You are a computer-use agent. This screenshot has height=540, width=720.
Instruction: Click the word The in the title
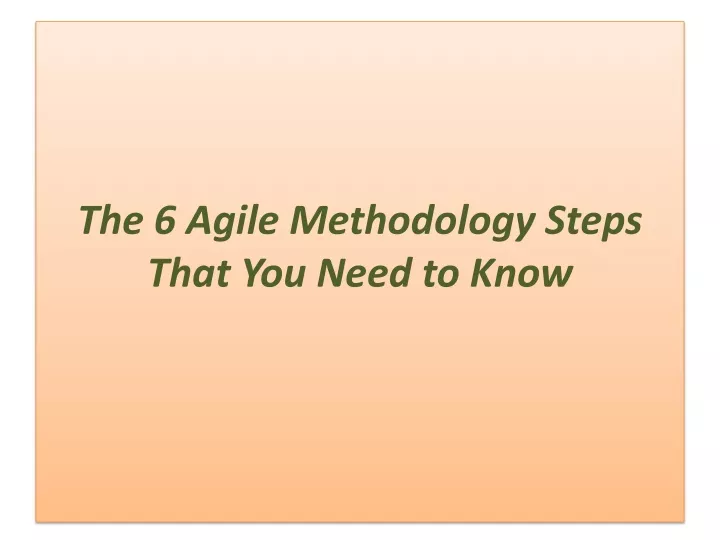(x=111, y=219)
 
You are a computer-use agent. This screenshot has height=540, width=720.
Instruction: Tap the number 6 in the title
(x=165, y=219)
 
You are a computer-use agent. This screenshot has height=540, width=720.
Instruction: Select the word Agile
(x=231, y=222)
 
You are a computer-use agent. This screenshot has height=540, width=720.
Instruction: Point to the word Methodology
(x=412, y=222)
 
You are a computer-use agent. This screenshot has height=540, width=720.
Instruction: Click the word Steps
(x=593, y=222)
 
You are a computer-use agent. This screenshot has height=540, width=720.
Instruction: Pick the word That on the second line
(x=189, y=272)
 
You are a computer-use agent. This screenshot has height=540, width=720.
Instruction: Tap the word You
(x=274, y=272)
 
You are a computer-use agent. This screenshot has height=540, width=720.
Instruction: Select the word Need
(x=363, y=272)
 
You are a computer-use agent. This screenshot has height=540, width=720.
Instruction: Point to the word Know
(x=521, y=272)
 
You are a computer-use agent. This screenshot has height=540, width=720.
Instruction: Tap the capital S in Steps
(x=556, y=219)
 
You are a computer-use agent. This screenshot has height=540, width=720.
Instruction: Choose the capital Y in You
(x=254, y=272)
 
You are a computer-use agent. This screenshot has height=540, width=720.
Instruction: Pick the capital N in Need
(x=332, y=272)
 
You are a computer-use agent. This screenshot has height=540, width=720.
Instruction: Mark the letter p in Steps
(x=608, y=228)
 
